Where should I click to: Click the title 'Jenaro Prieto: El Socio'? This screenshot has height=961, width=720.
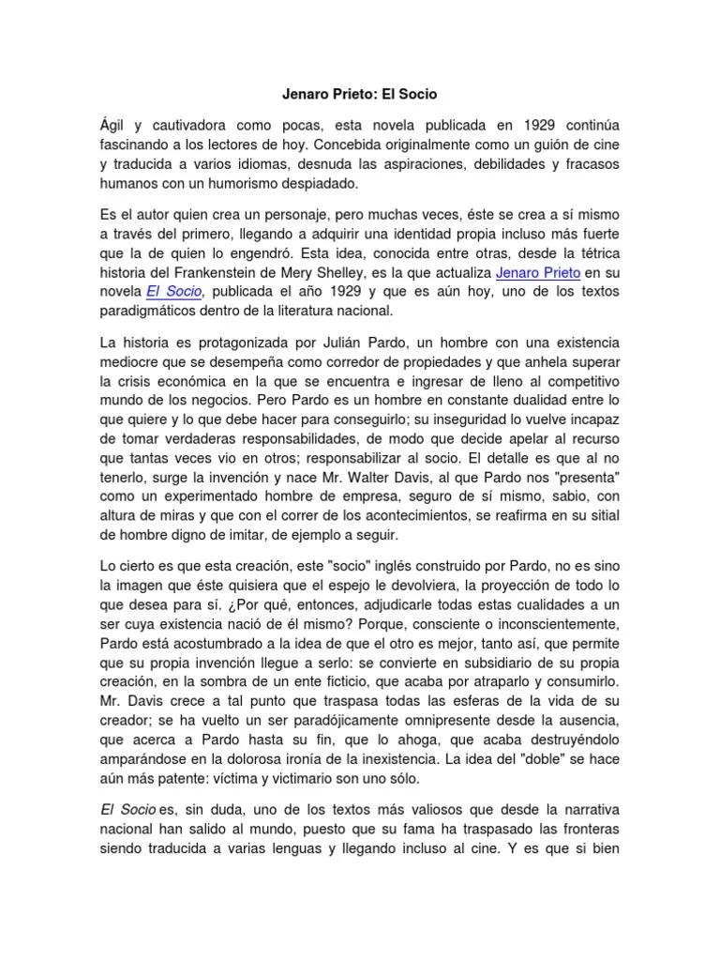360,95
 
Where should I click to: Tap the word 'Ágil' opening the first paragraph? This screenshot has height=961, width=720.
112,125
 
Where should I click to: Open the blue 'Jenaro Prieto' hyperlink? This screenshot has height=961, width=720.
538,272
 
